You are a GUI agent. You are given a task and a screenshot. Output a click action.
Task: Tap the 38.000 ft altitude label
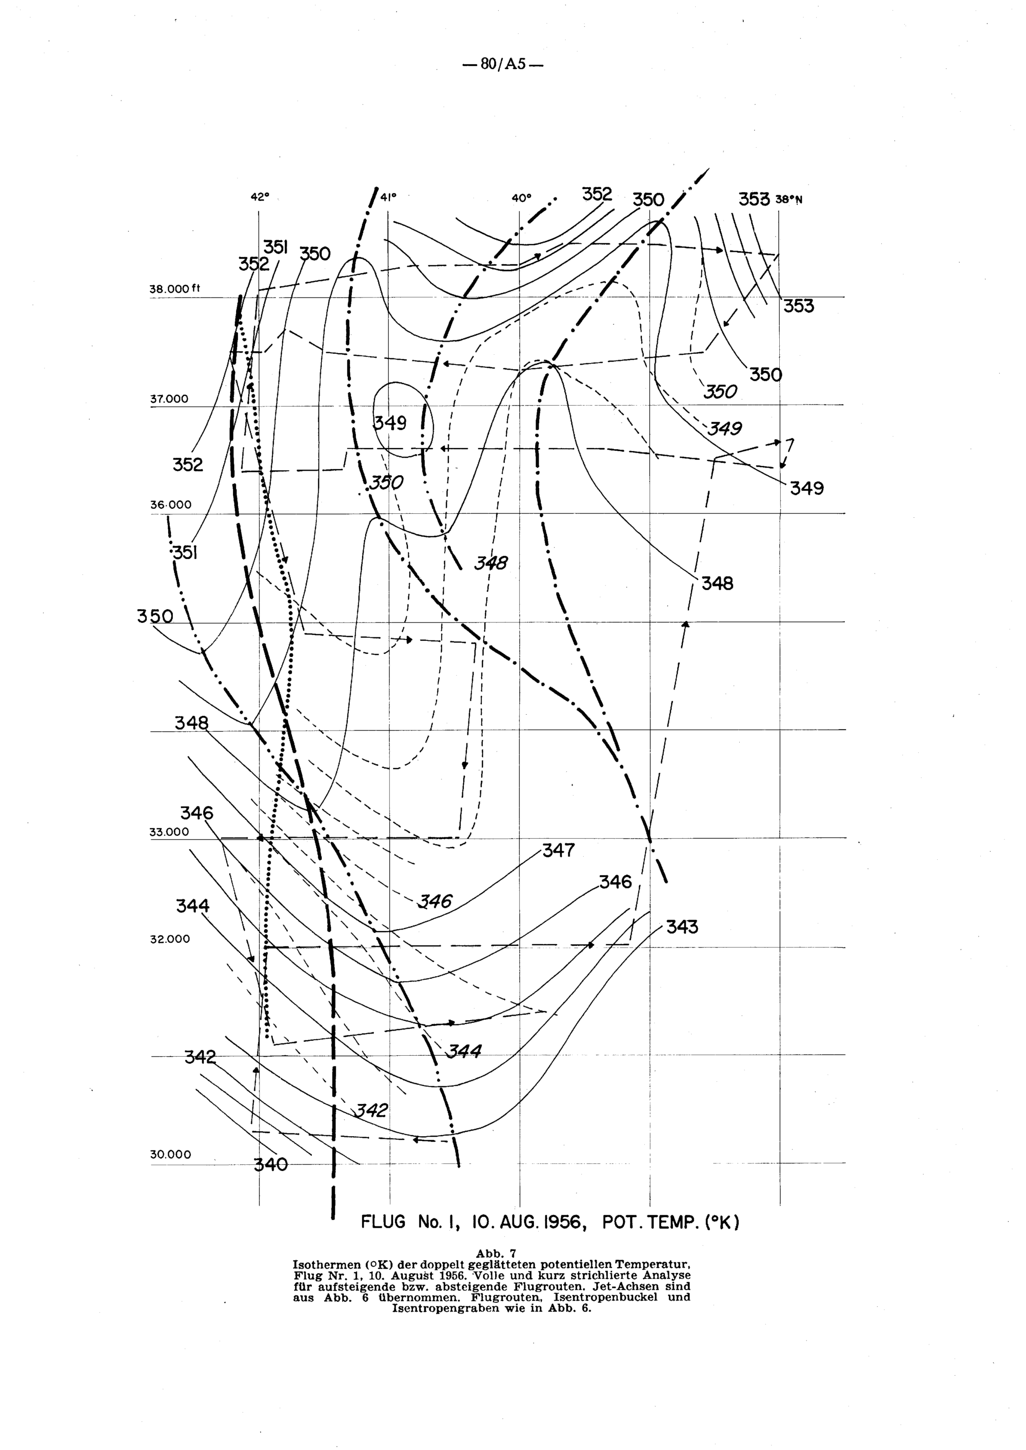[175, 289]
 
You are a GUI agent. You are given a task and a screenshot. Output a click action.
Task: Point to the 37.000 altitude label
[169, 399]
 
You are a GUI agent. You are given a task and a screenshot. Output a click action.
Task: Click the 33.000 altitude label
[169, 832]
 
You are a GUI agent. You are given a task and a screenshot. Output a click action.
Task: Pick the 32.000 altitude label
[170, 939]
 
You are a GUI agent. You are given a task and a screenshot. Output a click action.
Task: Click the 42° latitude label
[260, 197]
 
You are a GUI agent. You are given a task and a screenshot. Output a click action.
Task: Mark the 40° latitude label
[521, 198]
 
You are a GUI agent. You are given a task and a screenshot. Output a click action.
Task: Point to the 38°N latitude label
[789, 199]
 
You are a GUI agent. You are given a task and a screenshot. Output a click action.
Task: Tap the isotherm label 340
[270, 1164]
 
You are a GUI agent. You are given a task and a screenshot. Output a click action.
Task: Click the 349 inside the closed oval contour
[390, 422]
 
